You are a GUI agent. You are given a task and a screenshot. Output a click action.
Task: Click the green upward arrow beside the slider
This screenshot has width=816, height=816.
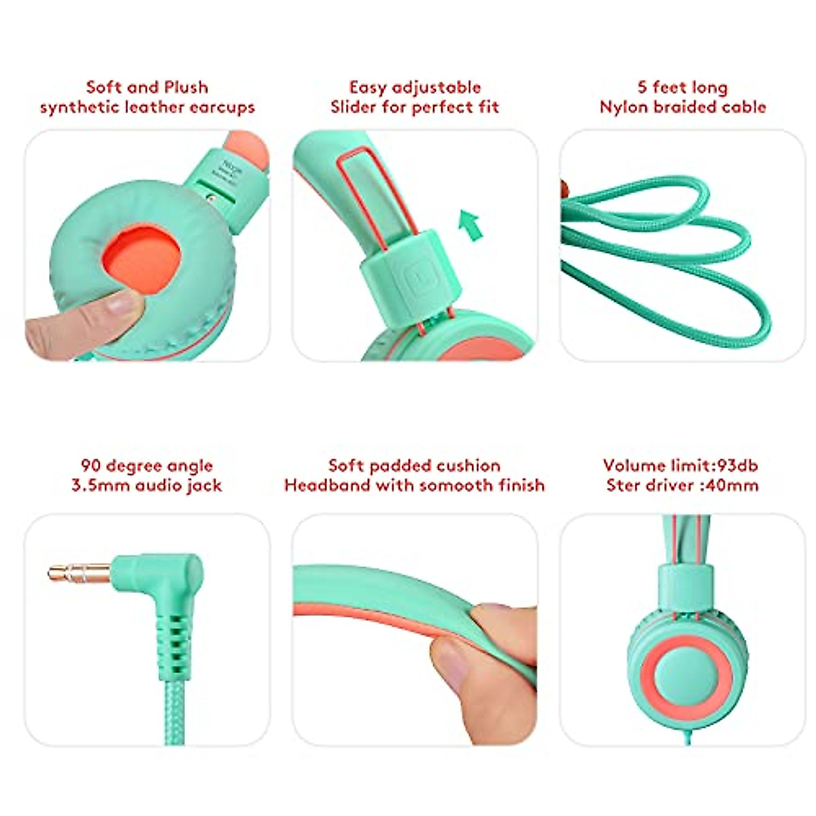(x=470, y=224)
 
